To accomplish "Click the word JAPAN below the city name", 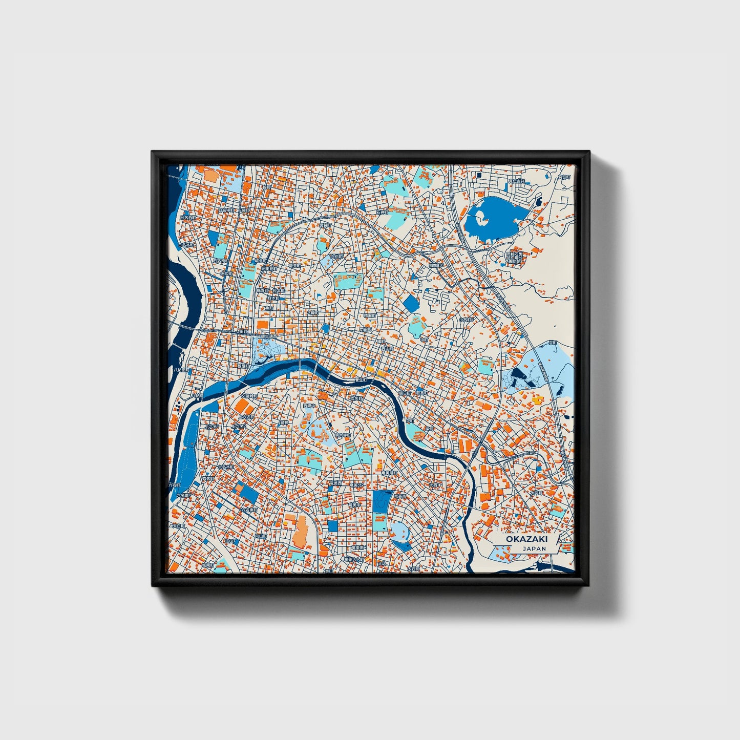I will pyautogui.click(x=534, y=548).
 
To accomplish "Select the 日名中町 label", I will pyautogui.click(x=226, y=209).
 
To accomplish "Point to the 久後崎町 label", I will pyautogui.click(x=250, y=396).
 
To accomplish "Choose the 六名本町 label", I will pyautogui.click(x=227, y=467).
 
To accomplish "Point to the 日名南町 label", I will pyautogui.click(x=221, y=261).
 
